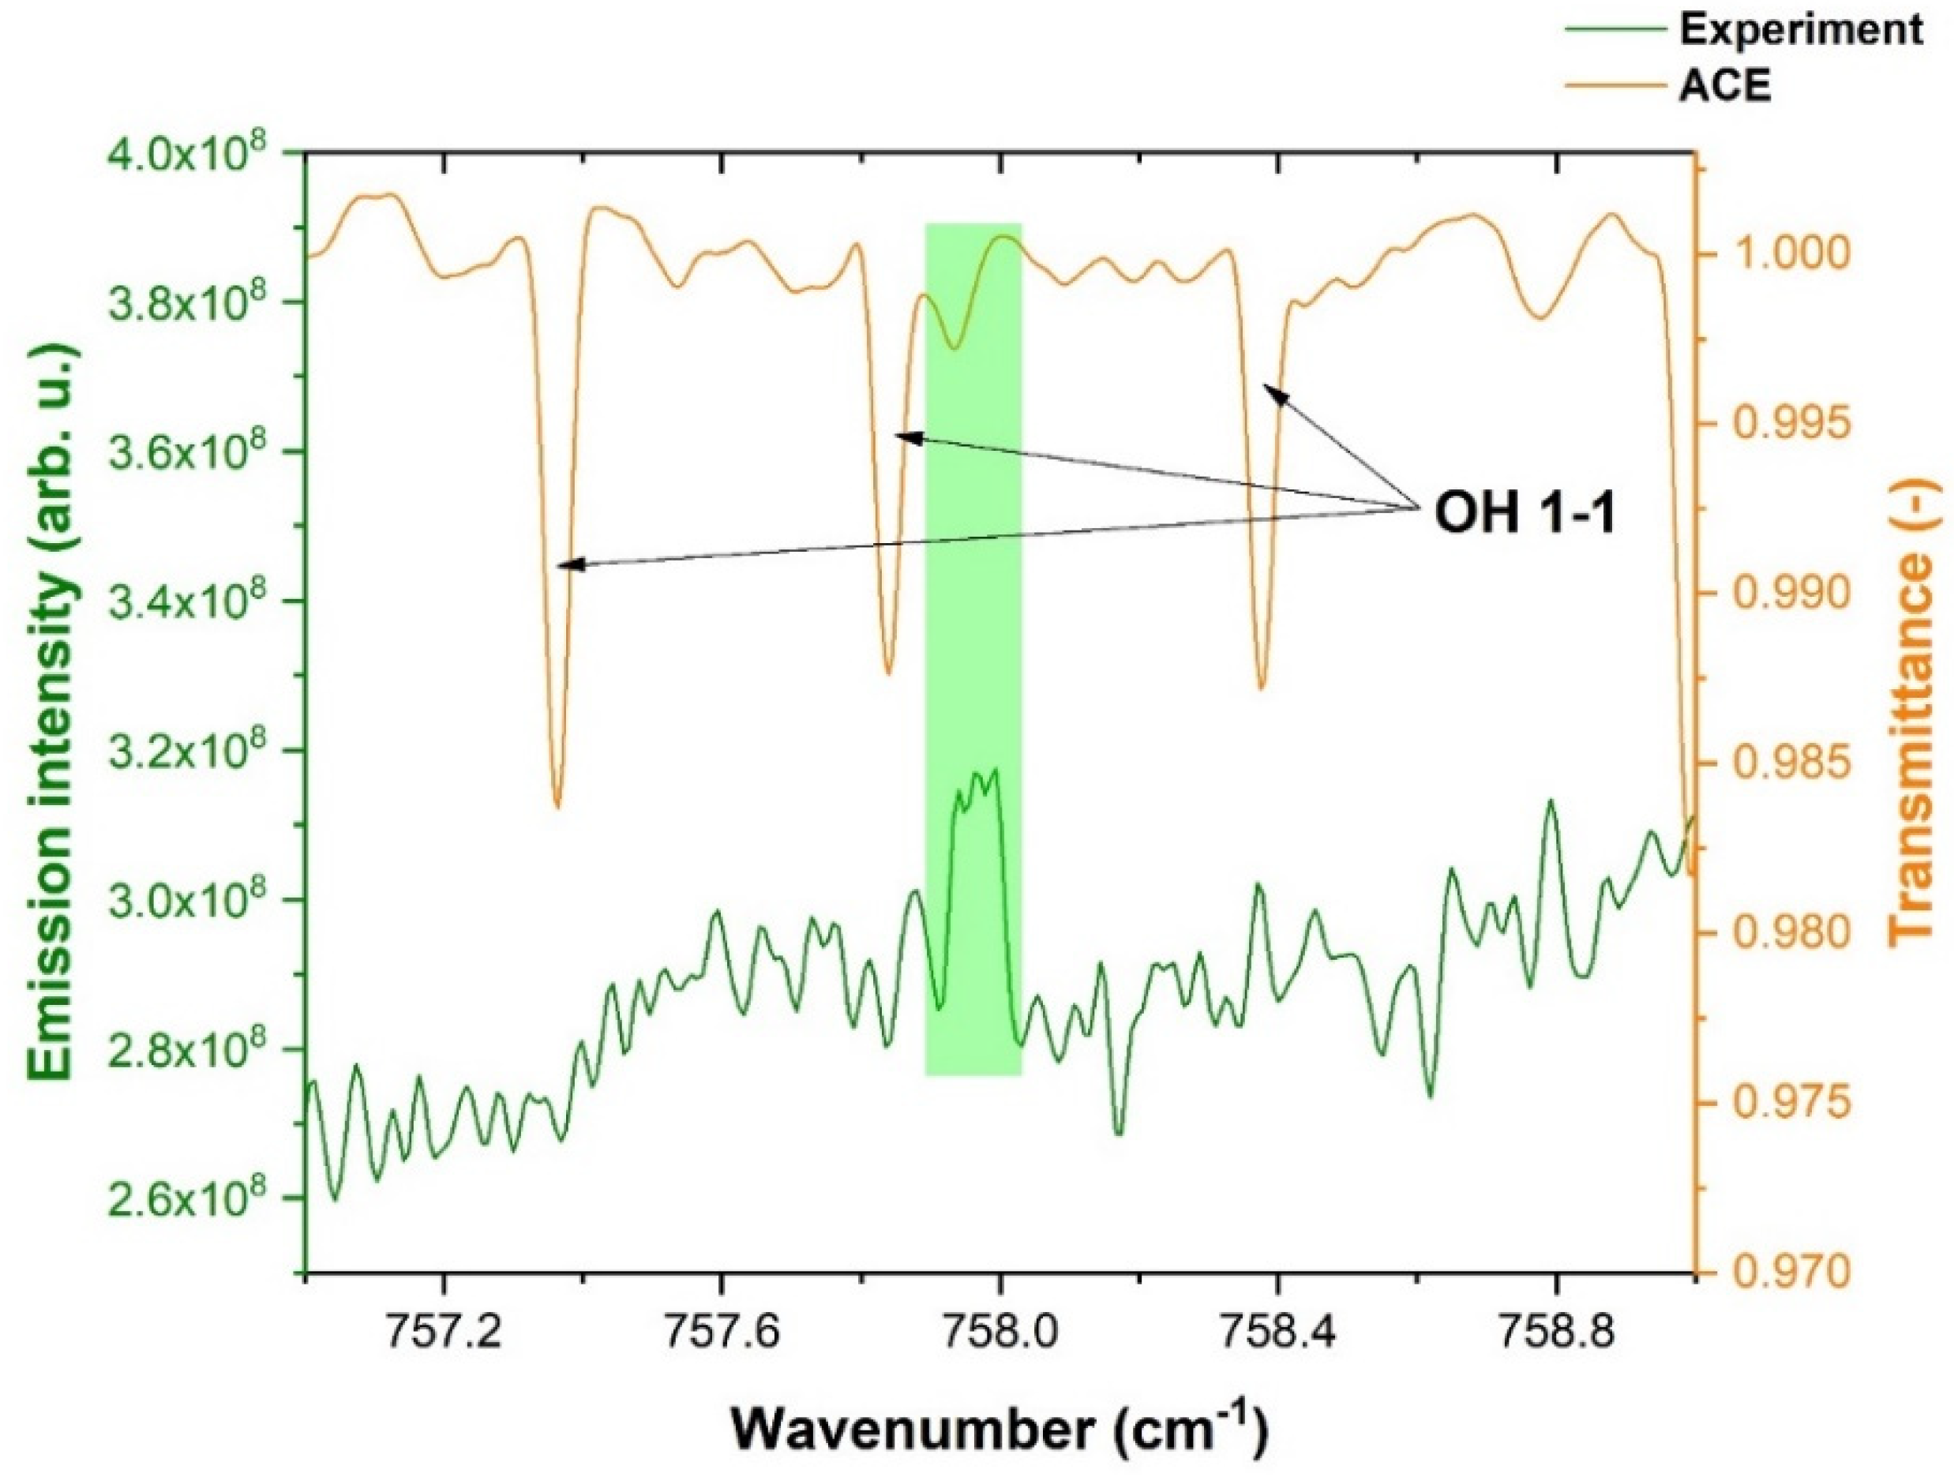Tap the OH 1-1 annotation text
1525,513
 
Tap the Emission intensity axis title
54,712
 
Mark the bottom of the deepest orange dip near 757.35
557,806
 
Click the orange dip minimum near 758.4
1262,688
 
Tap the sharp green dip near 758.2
1120,1133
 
